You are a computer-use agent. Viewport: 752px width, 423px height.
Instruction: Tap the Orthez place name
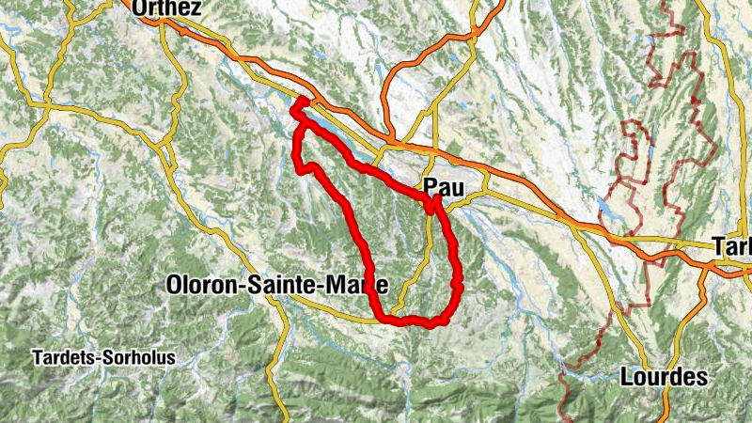167,8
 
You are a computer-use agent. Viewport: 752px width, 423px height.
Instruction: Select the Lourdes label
664,378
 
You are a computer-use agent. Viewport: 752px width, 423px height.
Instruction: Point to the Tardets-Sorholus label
103,358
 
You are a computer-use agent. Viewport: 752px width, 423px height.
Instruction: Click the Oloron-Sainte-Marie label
276,283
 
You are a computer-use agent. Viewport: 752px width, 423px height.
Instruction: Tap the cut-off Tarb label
733,246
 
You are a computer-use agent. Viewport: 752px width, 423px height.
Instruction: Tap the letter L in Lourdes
628,378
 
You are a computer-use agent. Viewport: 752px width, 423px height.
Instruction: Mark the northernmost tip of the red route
303,100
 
